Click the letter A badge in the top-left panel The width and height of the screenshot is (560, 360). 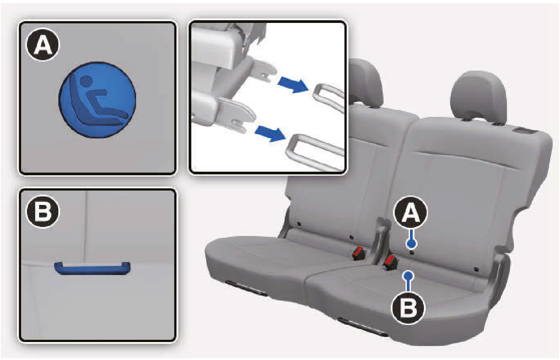click(x=43, y=44)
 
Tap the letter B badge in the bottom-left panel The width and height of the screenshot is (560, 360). click(x=43, y=211)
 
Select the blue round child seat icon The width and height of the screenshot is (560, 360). click(x=97, y=100)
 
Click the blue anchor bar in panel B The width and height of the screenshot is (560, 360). click(x=92, y=269)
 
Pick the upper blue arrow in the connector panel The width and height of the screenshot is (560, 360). click(x=293, y=85)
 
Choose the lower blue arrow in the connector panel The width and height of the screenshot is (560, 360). click(x=270, y=133)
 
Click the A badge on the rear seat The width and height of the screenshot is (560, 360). click(x=411, y=213)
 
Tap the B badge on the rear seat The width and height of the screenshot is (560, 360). click(x=408, y=307)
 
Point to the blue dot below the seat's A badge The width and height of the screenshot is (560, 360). click(x=411, y=243)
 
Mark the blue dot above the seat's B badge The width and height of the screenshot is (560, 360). click(x=408, y=276)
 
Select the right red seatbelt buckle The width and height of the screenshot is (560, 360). click(x=390, y=262)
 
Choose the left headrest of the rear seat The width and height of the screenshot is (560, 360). click(x=366, y=83)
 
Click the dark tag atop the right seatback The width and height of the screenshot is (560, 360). click(x=521, y=130)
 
